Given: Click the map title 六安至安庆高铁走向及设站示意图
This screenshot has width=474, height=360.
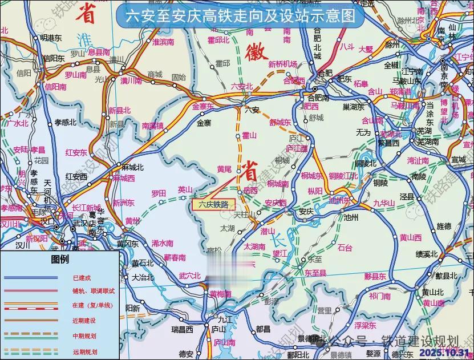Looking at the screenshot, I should point(240,15).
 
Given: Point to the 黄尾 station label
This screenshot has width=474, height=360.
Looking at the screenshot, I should point(225,169).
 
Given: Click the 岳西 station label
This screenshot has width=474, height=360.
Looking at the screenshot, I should point(250,191).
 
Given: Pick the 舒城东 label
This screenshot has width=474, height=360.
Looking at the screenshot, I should point(280,122).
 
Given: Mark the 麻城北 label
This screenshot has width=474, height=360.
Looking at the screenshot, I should point(133,167).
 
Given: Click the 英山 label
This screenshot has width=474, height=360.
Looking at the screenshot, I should point(185,189).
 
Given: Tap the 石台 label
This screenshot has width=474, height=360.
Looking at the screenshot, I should point(345,247).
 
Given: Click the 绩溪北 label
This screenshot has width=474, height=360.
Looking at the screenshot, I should point(427,254).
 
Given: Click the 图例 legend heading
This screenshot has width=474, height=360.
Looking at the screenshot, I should point(60,260).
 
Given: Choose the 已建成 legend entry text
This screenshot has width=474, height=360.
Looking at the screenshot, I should point(81,278).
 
